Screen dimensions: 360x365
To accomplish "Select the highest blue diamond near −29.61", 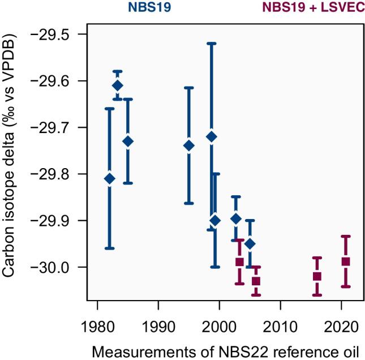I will pyautogui.click(x=118, y=85).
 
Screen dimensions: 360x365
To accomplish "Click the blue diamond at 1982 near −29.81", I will pyautogui.click(x=110, y=179).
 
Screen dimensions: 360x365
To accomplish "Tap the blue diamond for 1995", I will pyautogui.click(x=189, y=145).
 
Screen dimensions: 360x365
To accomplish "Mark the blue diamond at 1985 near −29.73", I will pyautogui.click(x=128, y=142).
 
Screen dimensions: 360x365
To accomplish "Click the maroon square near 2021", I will pyautogui.click(x=346, y=262).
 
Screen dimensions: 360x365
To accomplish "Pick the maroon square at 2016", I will pyautogui.click(x=317, y=276).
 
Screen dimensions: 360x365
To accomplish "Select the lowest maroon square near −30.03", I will pyautogui.click(x=256, y=281).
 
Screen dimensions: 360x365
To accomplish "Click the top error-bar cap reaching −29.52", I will pyautogui.click(x=212, y=43).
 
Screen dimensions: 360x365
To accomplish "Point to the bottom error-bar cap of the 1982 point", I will pyautogui.click(x=110, y=248).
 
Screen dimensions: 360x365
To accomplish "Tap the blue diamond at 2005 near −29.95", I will pyautogui.click(x=250, y=243).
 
